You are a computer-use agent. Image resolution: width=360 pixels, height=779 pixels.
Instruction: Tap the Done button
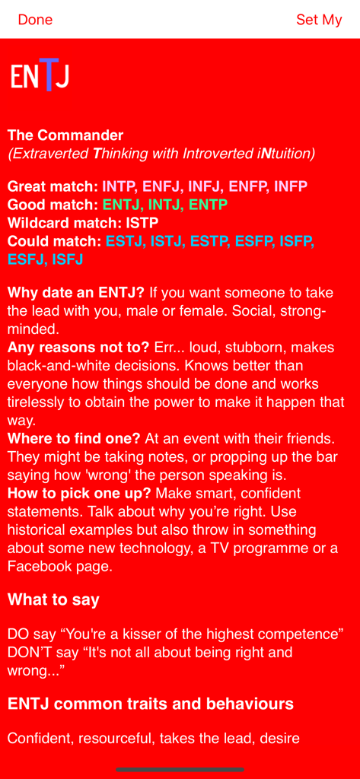pos(35,20)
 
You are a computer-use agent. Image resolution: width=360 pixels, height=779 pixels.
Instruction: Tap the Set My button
pos(319,20)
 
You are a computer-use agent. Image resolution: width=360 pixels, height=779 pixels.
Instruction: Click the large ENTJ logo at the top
pos(40,75)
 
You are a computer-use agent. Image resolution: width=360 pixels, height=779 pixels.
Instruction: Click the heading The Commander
pos(65,135)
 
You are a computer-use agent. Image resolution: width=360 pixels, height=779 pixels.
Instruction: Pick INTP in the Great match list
pos(119,186)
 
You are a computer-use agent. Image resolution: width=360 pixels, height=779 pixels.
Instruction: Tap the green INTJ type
pos(164,205)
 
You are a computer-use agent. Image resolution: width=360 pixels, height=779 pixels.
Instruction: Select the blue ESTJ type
pos(124,241)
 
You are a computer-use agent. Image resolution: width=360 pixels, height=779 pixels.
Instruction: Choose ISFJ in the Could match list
pos(67,259)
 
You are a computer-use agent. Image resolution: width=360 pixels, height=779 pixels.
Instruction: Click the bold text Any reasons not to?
pos(78,348)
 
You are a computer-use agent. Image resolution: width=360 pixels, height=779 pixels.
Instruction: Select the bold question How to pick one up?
pos(79,493)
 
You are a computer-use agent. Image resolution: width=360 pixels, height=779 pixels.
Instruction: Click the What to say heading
pos(53,599)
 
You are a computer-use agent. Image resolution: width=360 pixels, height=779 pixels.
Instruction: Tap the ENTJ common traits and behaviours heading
pos(151,704)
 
